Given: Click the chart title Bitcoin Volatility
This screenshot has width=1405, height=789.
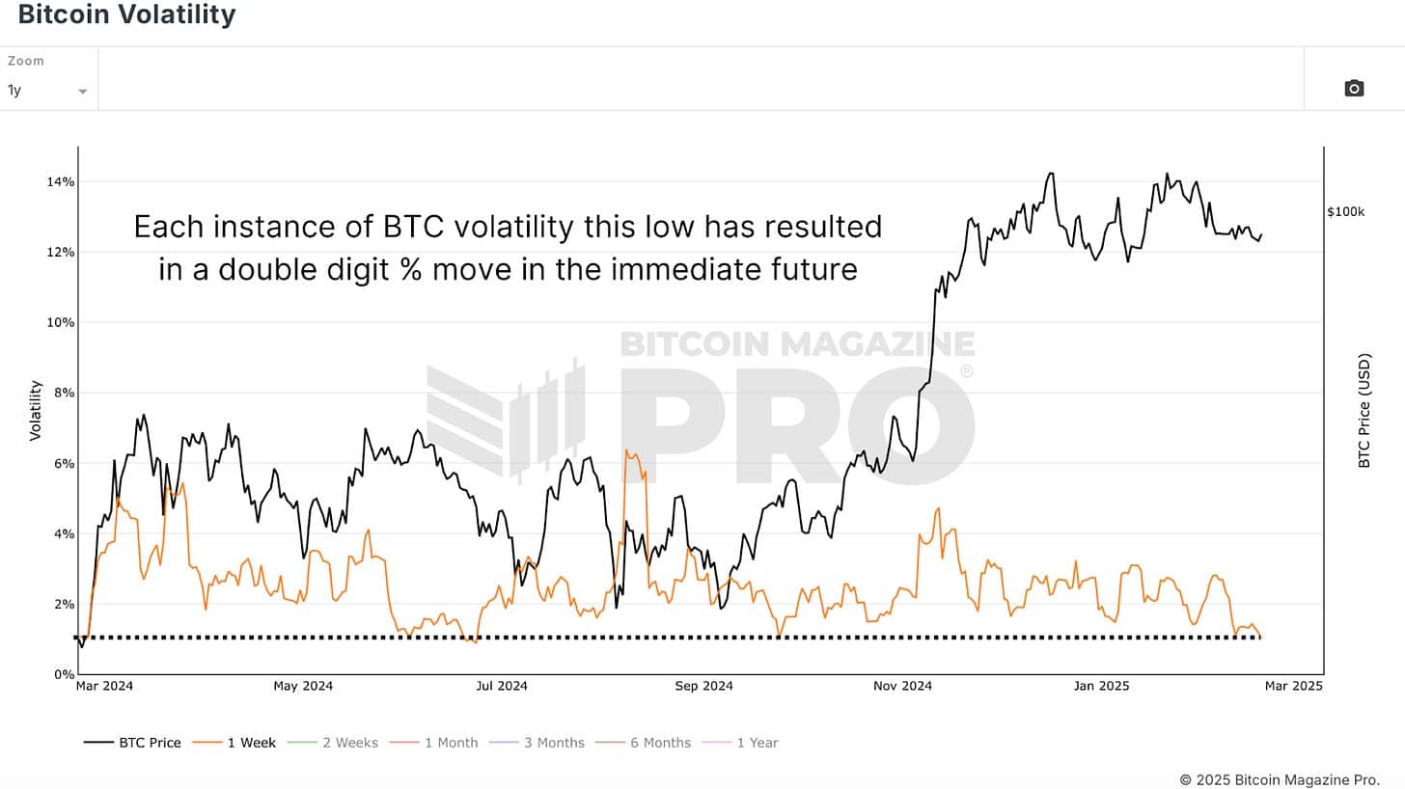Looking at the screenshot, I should (126, 15).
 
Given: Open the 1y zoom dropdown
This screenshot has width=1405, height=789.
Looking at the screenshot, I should (47, 91).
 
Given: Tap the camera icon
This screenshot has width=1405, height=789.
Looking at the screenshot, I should (1354, 89).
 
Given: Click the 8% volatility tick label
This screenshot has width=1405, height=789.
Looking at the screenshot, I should (61, 393).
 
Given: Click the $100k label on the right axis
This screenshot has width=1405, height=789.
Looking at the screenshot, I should (1346, 211).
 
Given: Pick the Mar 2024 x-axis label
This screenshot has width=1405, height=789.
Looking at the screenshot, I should (104, 687).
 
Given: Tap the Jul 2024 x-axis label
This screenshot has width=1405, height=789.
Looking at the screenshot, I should (501, 687).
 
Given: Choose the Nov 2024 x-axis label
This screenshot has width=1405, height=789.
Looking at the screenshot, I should (902, 687).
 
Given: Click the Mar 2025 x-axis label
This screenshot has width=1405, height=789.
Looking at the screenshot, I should (1292, 687).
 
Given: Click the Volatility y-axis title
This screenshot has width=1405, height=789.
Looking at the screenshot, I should (36, 410).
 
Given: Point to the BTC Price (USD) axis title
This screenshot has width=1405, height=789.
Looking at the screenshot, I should (1364, 410).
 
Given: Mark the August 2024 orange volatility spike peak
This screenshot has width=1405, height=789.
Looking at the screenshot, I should (626, 450).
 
